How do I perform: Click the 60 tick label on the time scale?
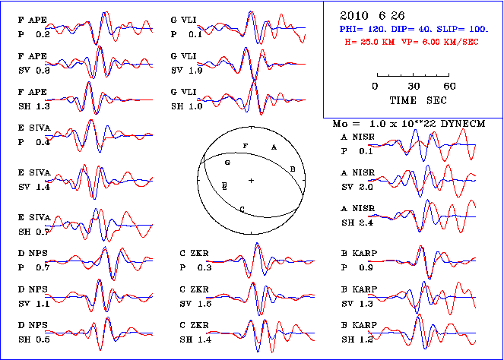click(x=449, y=86)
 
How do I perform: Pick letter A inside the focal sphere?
click(x=274, y=147)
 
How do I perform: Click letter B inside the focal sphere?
click(x=293, y=168)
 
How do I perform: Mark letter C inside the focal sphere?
click(x=241, y=208)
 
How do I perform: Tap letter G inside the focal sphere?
click(x=227, y=163)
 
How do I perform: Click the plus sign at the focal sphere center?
click(x=251, y=180)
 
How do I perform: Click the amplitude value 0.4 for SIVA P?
click(x=43, y=142)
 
